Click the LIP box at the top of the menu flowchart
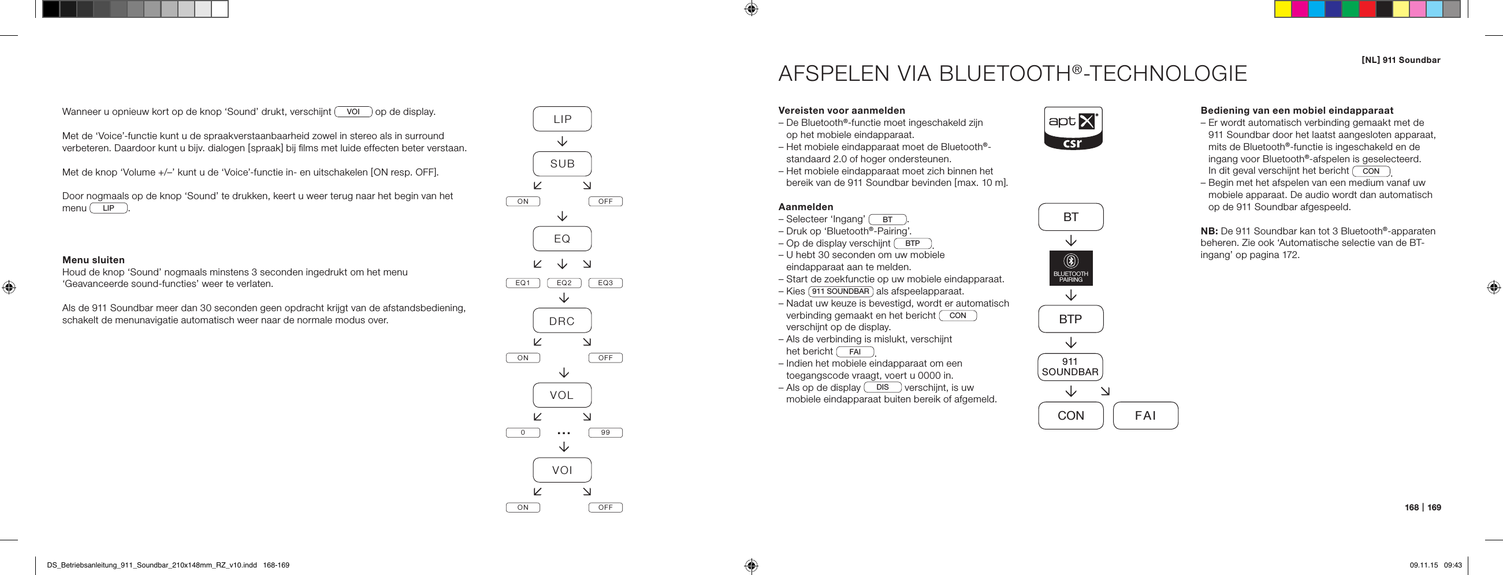(562, 119)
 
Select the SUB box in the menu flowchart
(562, 164)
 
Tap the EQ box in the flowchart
(562, 238)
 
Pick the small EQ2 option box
(564, 283)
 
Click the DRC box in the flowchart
(562, 321)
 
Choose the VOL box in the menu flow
(562, 395)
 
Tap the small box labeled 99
(605, 433)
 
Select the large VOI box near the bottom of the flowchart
(562, 470)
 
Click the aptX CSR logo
(1073, 128)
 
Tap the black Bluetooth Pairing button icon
(1071, 268)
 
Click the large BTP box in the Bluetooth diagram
(1071, 319)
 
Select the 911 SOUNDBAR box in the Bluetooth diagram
(1070, 367)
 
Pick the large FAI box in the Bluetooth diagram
(1145, 416)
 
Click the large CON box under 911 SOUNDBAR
(1071, 416)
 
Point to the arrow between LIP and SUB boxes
(563, 141)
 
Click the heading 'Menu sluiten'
(94, 260)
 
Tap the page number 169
(1434, 507)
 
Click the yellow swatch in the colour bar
(1282, 9)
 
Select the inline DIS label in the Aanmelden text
(882, 387)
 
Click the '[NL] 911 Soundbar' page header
(1400, 60)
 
